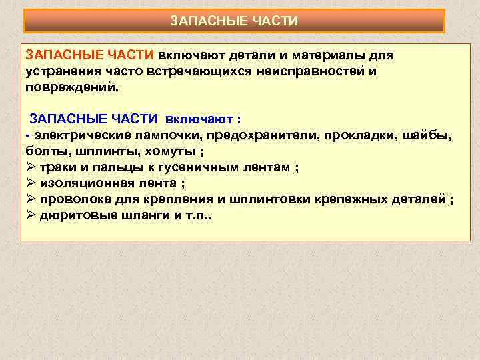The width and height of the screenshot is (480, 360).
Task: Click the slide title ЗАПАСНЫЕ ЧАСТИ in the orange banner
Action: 234,21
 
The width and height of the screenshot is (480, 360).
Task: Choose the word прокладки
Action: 369,136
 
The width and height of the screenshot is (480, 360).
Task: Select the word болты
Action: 45,151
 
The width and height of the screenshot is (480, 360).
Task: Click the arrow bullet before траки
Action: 30,167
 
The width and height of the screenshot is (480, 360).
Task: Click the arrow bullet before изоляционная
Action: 30,184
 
